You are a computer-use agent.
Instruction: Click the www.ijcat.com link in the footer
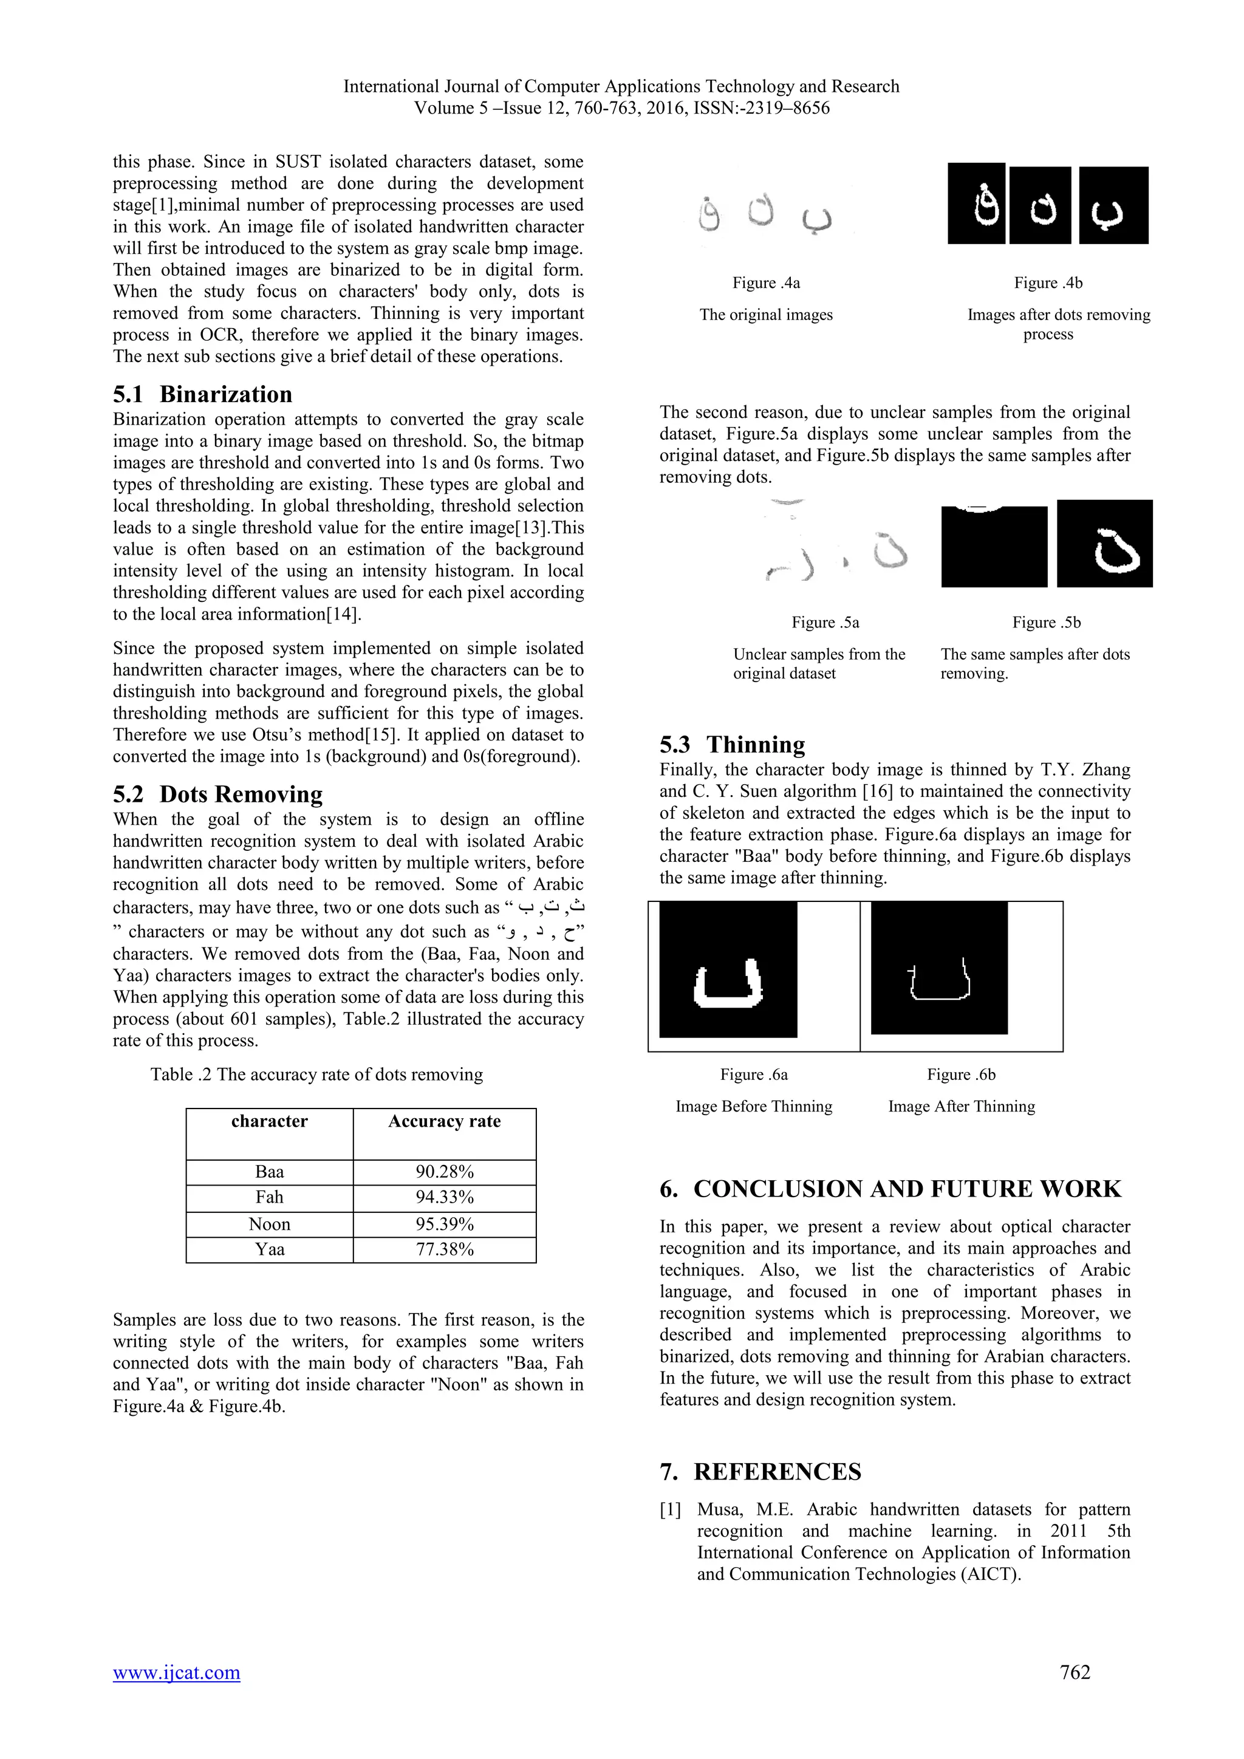pos(176,1672)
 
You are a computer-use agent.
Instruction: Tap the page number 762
pos(1075,1672)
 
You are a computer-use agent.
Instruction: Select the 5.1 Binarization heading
pos(202,395)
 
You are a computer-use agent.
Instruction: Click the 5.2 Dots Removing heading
pos(217,794)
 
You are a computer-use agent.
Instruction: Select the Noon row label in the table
pos(270,1223)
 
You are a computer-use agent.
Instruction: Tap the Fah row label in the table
pos(270,1197)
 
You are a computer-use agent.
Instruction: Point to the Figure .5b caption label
pos(1047,623)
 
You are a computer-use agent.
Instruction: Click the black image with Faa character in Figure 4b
pos(977,205)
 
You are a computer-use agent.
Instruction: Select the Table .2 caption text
pos(316,1075)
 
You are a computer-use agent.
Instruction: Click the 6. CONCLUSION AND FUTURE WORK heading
pos(890,1189)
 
